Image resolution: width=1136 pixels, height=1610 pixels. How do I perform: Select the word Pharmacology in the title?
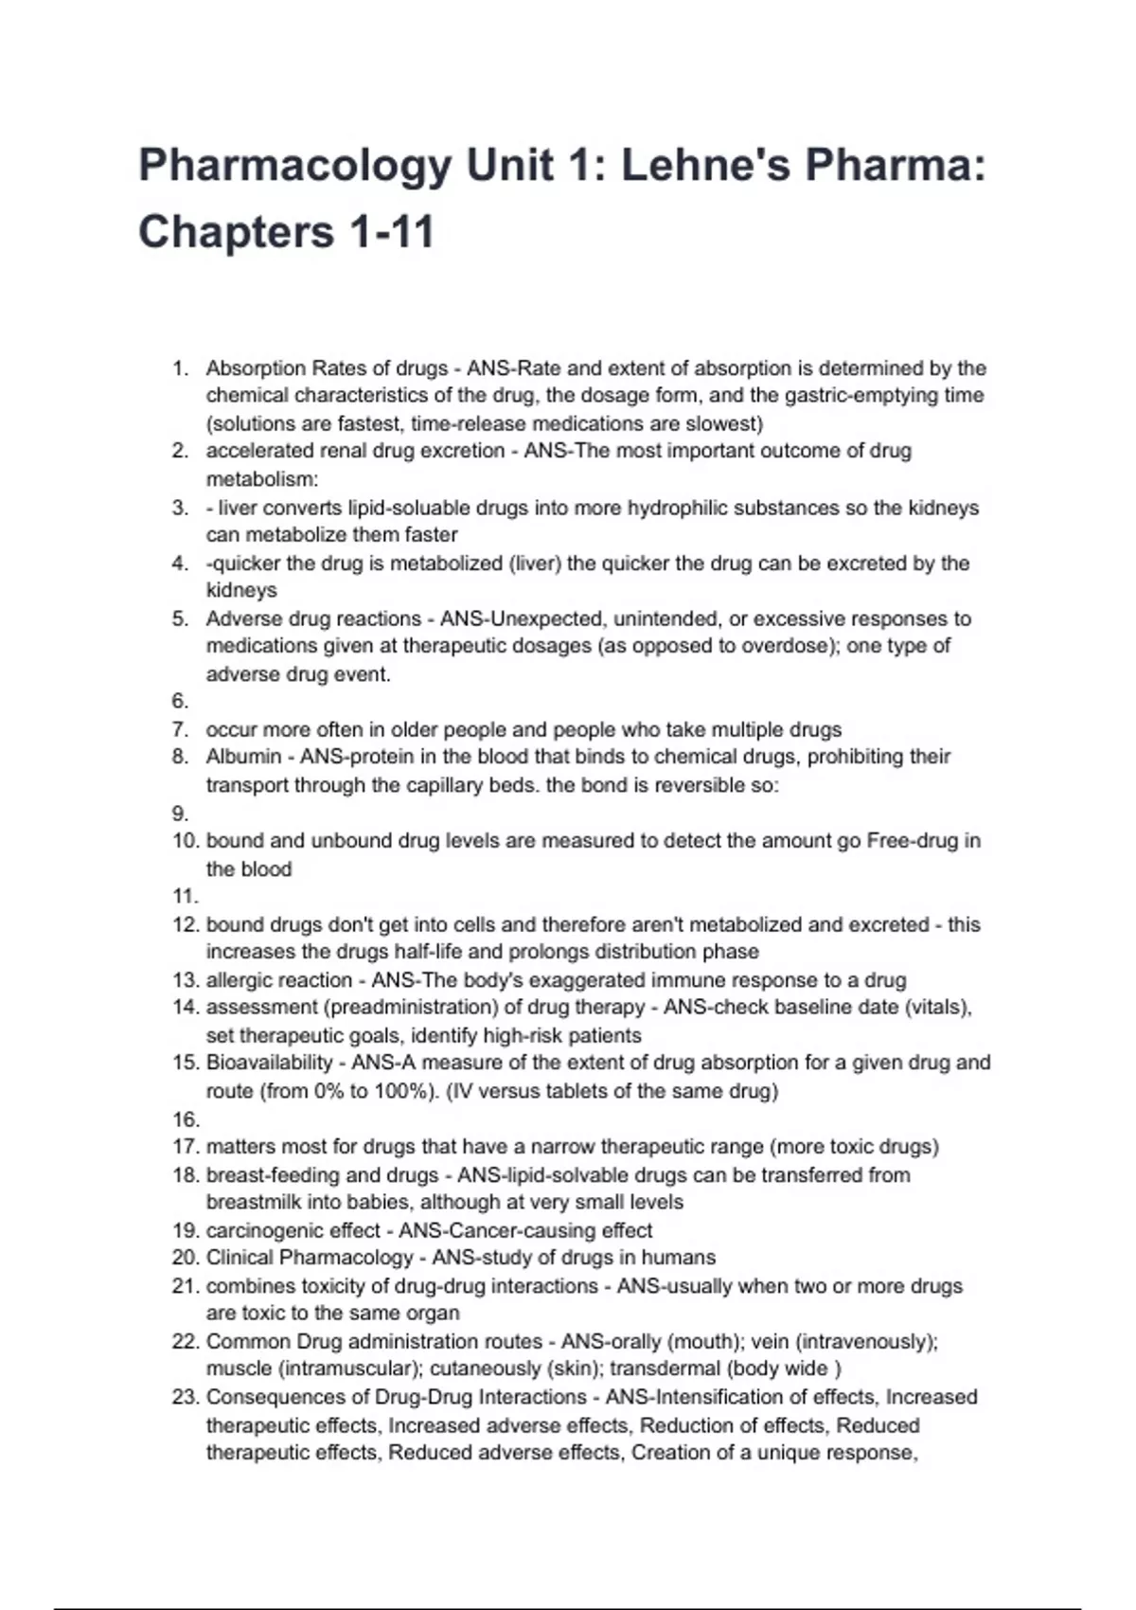tap(294, 167)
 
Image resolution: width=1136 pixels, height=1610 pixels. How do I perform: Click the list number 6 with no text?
tap(180, 702)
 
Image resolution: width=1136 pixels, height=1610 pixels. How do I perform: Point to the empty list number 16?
tap(185, 1119)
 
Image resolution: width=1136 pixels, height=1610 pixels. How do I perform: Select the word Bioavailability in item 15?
tap(269, 1063)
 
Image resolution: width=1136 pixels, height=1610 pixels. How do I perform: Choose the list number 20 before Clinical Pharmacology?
tap(185, 1258)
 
